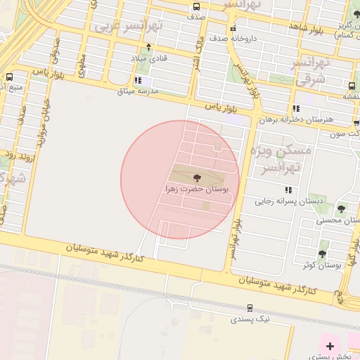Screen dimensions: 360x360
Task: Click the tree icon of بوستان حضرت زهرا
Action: click(196, 178)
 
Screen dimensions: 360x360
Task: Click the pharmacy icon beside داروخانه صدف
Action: click(233, 29)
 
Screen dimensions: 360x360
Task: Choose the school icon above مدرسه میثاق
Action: click(138, 81)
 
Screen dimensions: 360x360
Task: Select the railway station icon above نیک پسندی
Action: click(250, 308)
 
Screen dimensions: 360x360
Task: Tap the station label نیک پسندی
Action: click(250, 319)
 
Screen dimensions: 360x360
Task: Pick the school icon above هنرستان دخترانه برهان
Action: click(296, 109)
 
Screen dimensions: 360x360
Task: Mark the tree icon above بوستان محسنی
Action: click(342, 209)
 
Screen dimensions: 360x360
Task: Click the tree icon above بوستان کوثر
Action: click(323, 254)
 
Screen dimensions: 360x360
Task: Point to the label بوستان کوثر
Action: click(323, 265)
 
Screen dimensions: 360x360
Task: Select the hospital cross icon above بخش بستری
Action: click(330, 345)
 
